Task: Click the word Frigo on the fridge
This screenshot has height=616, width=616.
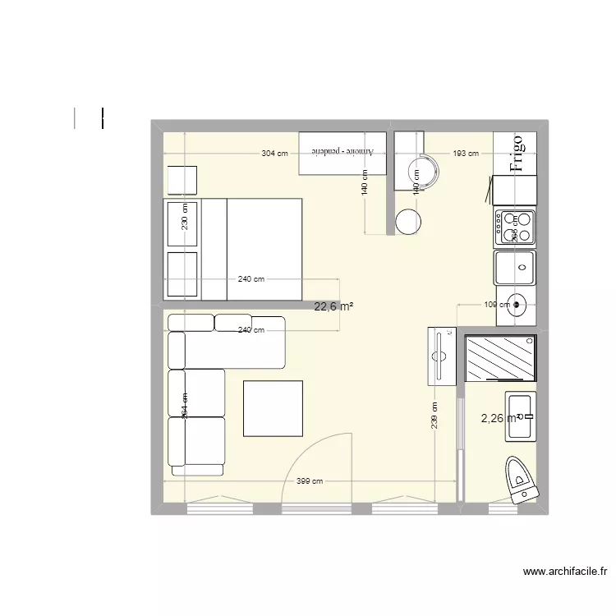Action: point(517,154)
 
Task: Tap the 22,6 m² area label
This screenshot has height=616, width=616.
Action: point(334,307)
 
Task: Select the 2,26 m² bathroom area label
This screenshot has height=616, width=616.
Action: point(499,417)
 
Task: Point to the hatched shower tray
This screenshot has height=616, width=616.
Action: point(500,358)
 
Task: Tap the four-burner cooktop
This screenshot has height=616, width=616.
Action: point(515,228)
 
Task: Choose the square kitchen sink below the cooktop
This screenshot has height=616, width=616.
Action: point(515,268)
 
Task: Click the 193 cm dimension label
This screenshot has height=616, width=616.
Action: point(467,154)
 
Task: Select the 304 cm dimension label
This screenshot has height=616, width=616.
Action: point(275,154)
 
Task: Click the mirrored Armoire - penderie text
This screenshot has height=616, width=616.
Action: point(342,153)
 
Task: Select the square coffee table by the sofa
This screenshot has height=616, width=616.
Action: point(273,408)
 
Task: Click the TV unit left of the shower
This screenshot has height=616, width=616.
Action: point(442,356)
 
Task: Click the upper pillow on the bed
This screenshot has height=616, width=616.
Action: point(182,223)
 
